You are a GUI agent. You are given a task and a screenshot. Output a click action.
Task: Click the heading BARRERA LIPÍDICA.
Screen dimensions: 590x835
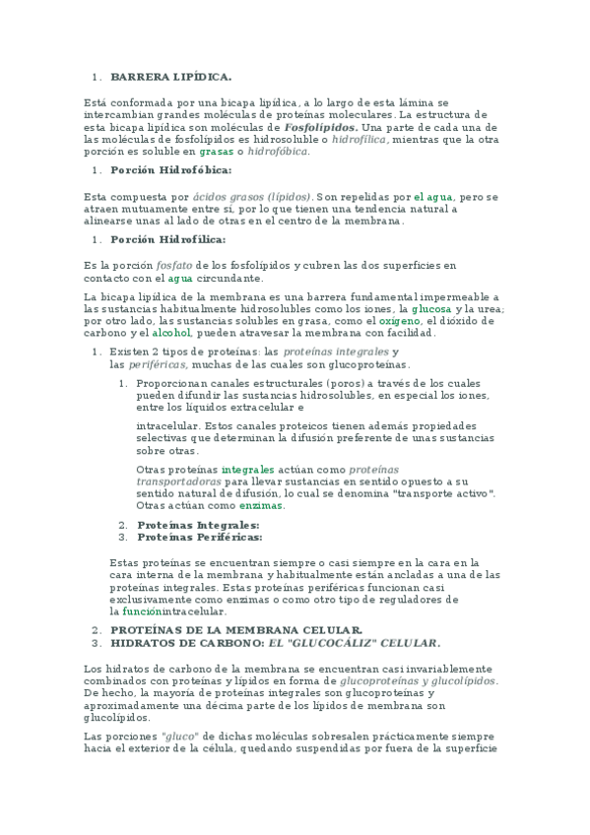pyautogui.click(x=171, y=76)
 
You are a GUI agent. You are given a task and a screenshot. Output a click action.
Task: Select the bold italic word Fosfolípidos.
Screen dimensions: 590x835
pyautogui.click(x=320, y=128)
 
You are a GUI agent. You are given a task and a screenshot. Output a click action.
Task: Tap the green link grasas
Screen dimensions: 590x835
pyautogui.click(x=216, y=152)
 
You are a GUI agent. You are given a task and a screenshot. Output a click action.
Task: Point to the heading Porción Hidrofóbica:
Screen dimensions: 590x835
pyautogui.click(x=171, y=170)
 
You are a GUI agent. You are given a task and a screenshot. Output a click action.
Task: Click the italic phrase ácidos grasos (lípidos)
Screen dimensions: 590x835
pyautogui.click(x=252, y=197)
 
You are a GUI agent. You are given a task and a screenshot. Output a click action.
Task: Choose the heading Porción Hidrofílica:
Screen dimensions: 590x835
pyautogui.click(x=168, y=239)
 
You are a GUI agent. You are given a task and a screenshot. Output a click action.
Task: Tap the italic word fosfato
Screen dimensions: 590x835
pyautogui.click(x=174, y=266)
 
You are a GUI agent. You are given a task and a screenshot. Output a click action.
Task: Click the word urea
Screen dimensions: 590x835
pyautogui.click(x=487, y=309)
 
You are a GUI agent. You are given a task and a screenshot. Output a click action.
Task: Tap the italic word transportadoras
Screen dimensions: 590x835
pyautogui.click(x=178, y=482)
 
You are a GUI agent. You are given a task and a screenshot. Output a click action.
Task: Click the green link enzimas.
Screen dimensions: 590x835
pyautogui.click(x=261, y=505)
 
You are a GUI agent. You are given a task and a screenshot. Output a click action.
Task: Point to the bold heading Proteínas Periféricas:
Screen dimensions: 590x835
pyautogui.click(x=200, y=538)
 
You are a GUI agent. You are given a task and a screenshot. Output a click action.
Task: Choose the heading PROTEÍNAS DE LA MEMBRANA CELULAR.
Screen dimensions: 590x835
pyautogui.click(x=236, y=630)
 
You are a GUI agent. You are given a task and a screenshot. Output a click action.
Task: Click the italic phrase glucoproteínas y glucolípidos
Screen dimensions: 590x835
pyautogui.click(x=418, y=681)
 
